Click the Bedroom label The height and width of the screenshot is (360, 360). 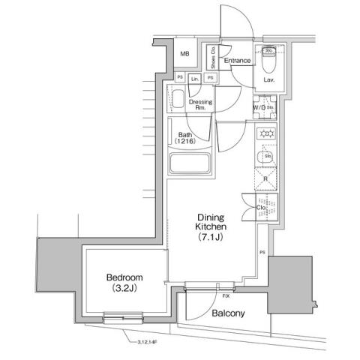tap(124, 283)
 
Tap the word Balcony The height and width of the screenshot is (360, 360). tap(227, 313)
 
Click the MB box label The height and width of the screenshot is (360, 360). tap(184, 54)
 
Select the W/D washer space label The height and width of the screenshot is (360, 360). tap(259, 107)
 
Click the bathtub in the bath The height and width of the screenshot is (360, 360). tap(190, 164)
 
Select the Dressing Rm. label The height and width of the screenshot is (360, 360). tap(199, 104)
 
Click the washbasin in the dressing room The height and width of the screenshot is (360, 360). tap(178, 100)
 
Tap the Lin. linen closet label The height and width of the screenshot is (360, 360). tap(195, 77)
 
